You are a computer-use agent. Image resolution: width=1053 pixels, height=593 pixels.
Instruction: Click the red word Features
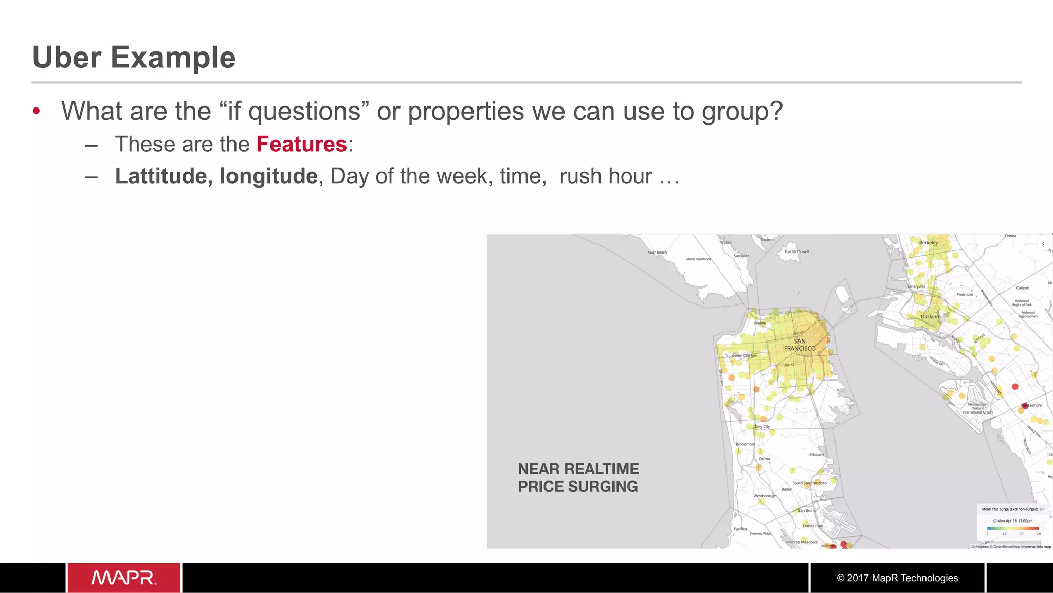coord(301,144)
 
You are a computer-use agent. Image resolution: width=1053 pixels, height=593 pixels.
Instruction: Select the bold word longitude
coord(268,176)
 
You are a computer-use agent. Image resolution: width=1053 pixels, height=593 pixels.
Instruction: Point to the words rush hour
coord(606,176)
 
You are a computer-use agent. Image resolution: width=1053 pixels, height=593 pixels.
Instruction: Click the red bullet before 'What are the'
coord(36,111)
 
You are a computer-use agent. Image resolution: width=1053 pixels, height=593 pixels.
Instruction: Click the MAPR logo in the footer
coord(124,578)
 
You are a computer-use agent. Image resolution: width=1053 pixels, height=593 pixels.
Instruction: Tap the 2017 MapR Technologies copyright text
coord(897,578)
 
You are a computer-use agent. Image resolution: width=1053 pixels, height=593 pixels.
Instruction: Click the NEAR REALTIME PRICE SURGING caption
coord(578,477)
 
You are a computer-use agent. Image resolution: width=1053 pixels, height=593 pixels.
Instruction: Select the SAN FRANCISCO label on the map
coord(800,345)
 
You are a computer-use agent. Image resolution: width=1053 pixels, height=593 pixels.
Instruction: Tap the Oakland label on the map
coord(930,317)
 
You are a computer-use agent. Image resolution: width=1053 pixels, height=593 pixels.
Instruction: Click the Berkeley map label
coord(929,243)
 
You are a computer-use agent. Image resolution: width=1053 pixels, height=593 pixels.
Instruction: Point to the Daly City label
coord(762,427)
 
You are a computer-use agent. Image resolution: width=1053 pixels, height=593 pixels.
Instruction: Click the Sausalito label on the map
coord(741,256)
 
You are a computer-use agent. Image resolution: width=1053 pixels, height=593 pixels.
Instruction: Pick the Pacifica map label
coord(740,529)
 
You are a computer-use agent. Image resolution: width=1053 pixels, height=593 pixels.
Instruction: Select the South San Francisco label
coord(809,483)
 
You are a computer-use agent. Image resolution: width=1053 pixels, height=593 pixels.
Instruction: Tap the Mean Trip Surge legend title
coord(1010,509)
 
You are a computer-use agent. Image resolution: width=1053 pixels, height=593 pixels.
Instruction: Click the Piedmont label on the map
coord(965,295)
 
